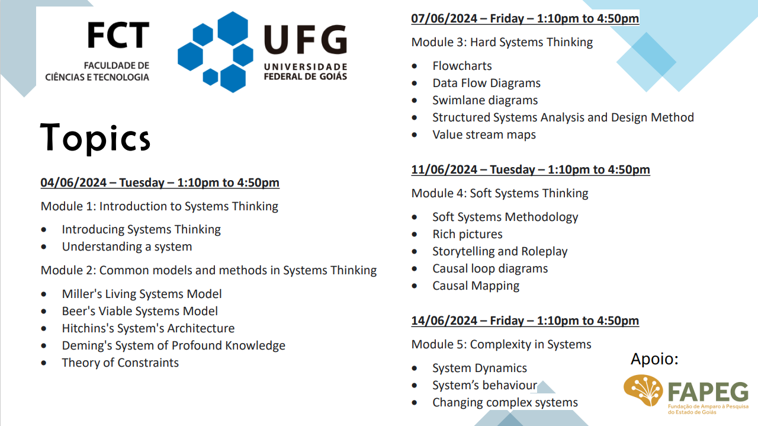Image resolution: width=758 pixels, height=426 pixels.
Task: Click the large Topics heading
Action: [95, 138]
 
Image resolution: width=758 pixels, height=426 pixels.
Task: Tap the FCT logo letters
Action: [118, 36]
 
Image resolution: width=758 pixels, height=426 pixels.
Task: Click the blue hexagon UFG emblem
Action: [216, 52]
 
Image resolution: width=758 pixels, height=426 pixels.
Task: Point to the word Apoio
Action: [654, 359]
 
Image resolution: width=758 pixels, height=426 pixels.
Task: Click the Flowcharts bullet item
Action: [462, 66]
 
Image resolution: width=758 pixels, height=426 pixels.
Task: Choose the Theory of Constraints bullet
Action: [120, 363]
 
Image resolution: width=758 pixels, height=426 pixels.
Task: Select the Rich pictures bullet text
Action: [467, 234]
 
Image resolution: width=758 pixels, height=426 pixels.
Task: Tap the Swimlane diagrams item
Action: [485, 100]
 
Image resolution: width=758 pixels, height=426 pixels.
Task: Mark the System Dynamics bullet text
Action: [479, 368]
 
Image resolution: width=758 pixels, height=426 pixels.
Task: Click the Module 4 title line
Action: [500, 193]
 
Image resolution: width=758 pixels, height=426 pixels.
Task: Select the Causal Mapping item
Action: [476, 286]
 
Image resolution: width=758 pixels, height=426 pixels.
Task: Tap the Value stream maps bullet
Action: [484, 134]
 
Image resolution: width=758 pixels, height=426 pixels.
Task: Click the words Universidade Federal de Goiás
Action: [305, 71]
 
